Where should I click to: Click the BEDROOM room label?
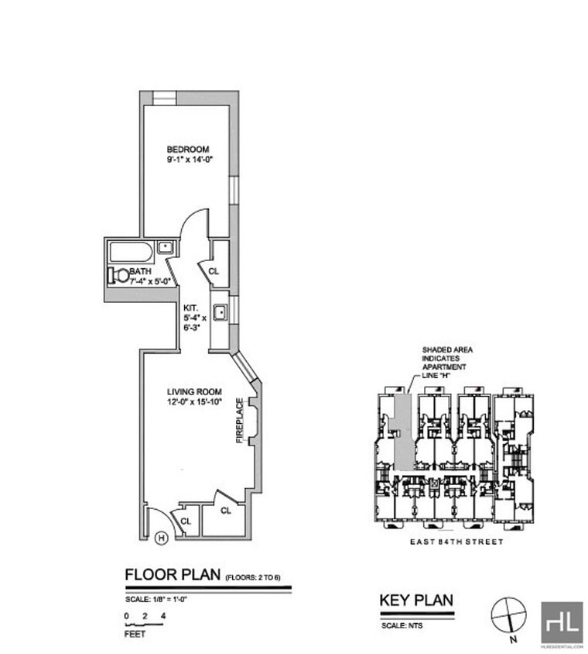(x=188, y=149)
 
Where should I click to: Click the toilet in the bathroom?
(x=119, y=274)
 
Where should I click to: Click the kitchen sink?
(x=220, y=312)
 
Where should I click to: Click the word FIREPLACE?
(x=240, y=421)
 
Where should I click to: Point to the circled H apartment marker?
(x=162, y=537)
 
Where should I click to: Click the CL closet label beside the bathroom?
(x=214, y=271)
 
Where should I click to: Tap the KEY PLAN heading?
(x=415, y=599)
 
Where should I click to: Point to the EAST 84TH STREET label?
(x=456, y=542)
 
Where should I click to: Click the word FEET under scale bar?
(x=135, y=633)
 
